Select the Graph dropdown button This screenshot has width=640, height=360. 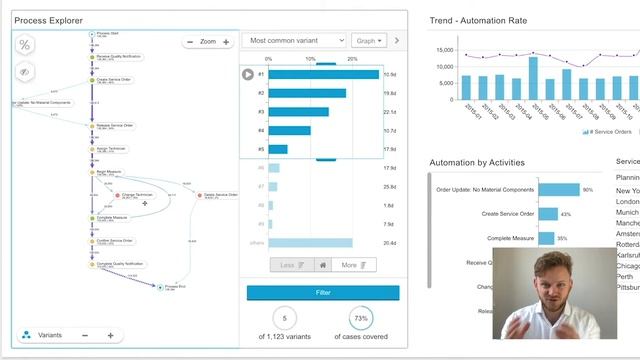coord(366,41)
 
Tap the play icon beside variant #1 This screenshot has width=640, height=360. coord(248,74)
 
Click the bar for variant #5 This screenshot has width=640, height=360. coord(278,149)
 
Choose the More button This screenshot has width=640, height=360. coord(355,265)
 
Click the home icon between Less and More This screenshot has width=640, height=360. coord(323,265)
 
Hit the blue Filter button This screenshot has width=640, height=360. coord(323,292)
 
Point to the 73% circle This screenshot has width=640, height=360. coord(362,319)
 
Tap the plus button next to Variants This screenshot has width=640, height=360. coord(110,335)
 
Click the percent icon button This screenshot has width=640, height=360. coord(26,45)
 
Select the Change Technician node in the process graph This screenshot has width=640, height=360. coord(137,195)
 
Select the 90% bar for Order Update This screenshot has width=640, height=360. coord(558,189)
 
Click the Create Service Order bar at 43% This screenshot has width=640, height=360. coord(547,213)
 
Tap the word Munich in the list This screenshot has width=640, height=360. coord(627,213)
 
